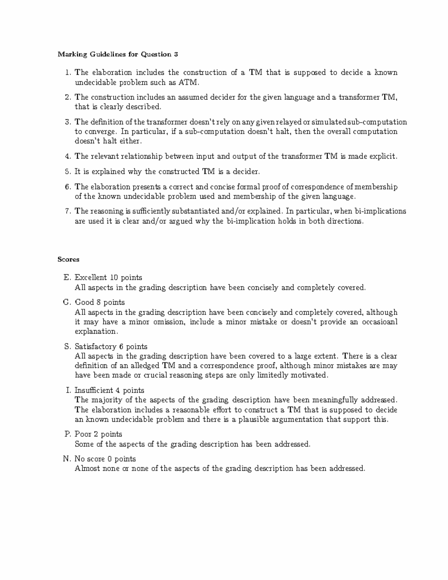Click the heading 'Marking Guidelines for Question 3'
(118, 55)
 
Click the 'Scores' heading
(68, 259)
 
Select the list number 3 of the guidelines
(68, 122)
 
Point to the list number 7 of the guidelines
(68, 211)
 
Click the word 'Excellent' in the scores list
(91, 277)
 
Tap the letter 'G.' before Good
(68, 302)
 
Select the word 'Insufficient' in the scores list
(94, 390)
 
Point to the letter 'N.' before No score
(67, 459)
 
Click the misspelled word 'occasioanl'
(380, 322)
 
